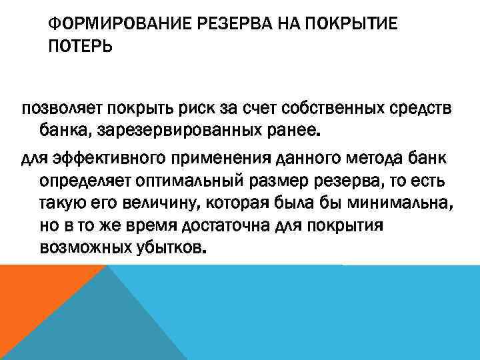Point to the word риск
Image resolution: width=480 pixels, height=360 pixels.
tap(197, 109)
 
